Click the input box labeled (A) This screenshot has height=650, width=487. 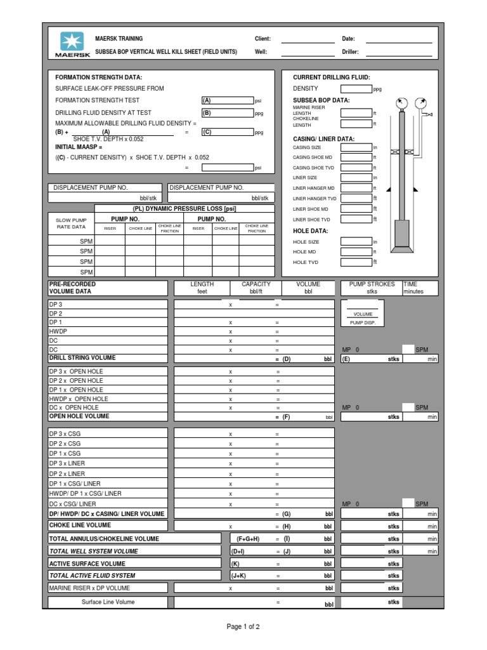226,100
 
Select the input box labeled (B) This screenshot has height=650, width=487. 226,113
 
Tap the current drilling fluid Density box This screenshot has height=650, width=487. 356,89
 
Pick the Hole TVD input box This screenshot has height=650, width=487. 356,262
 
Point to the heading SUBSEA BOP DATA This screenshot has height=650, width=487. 321,100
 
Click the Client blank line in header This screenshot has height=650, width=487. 307,39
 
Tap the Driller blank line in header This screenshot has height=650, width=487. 402,52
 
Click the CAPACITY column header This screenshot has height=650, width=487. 256,284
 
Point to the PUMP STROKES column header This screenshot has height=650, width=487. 372,284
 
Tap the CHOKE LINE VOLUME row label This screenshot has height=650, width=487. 80,526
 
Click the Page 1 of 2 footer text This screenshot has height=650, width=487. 243,627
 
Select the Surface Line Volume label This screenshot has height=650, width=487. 108,602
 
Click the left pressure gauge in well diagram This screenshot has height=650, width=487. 401,103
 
